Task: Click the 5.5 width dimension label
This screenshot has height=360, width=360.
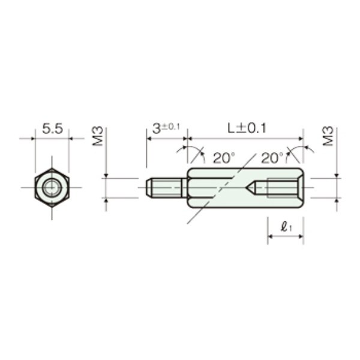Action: pyautogui.click(x=52, y=129)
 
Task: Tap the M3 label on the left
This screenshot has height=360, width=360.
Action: pyautogui.click(x=98, y=136)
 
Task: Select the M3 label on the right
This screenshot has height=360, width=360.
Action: pyautogui.click(x=328, y=136)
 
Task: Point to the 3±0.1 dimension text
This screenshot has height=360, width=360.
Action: pyautogui.click(x=166, y=128)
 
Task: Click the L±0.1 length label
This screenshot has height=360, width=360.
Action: pyautogui.click(x=247, y=128)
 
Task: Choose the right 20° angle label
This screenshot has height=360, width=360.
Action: pyautogui.click(x=272, y=158)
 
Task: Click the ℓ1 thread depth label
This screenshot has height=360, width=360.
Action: pyautogui.click(x=286, y=227)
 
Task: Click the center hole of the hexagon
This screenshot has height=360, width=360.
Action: pyautogui.click(x=52, y=188)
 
